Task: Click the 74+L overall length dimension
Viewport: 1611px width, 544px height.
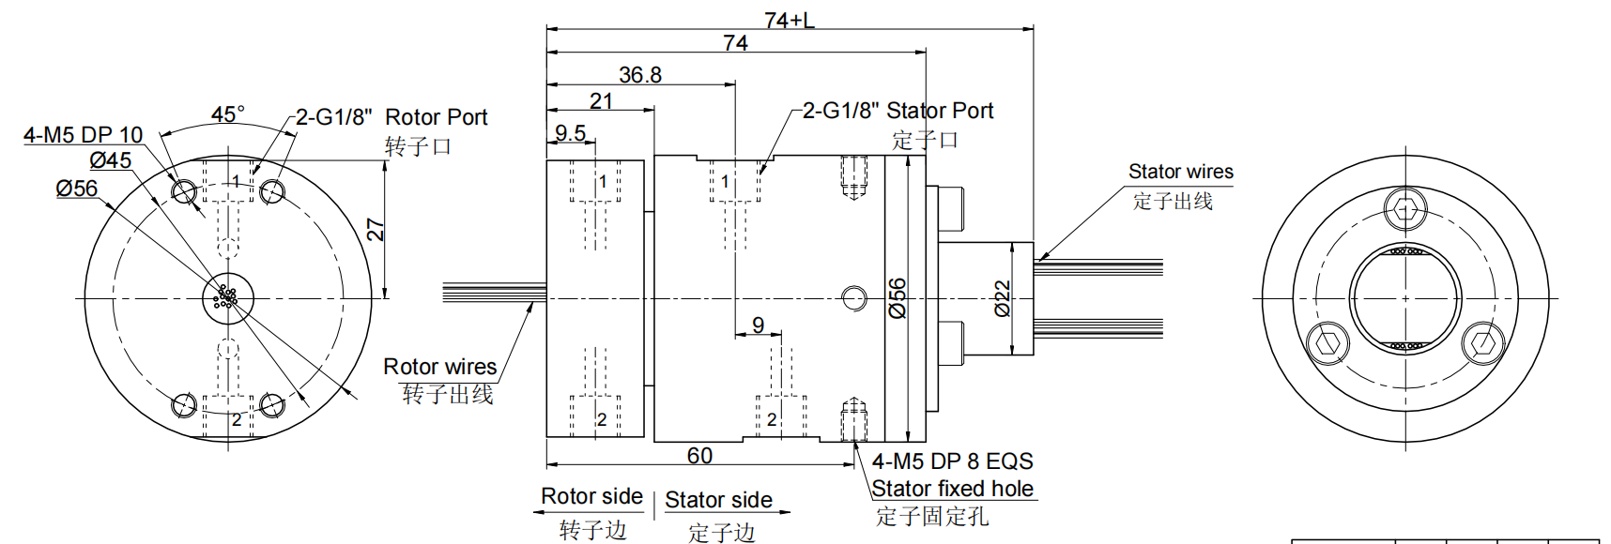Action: point(789,20)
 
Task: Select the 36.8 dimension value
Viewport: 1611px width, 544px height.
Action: point(640,75)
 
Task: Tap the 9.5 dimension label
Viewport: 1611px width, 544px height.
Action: point(570,133)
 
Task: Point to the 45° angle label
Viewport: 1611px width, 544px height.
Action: point(228,114)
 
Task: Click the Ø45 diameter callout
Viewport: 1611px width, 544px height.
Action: point(111,160)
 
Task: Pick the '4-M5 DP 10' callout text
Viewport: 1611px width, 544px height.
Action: point(83,135)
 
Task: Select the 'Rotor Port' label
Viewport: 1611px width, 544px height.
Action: point(437,117)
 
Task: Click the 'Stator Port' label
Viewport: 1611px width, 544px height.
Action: point(940,111)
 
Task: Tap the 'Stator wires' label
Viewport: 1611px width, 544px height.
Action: point(1181,172)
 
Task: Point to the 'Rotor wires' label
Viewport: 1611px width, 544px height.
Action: point(439,367)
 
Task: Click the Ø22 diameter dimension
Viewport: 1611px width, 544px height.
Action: point(1003,298)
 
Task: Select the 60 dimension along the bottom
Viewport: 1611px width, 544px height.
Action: point(699,456)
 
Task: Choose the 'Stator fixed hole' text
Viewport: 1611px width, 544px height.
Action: point(952,489)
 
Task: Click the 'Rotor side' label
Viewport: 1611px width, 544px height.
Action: point(591,496)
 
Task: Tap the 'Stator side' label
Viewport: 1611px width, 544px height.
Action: point(718,500)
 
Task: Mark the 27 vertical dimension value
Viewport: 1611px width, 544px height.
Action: point(375,230)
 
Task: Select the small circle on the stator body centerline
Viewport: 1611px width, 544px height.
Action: point(853,298)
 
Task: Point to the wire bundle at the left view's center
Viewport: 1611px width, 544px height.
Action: point(226,298)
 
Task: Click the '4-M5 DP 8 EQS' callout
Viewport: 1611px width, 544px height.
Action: point(952,461)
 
